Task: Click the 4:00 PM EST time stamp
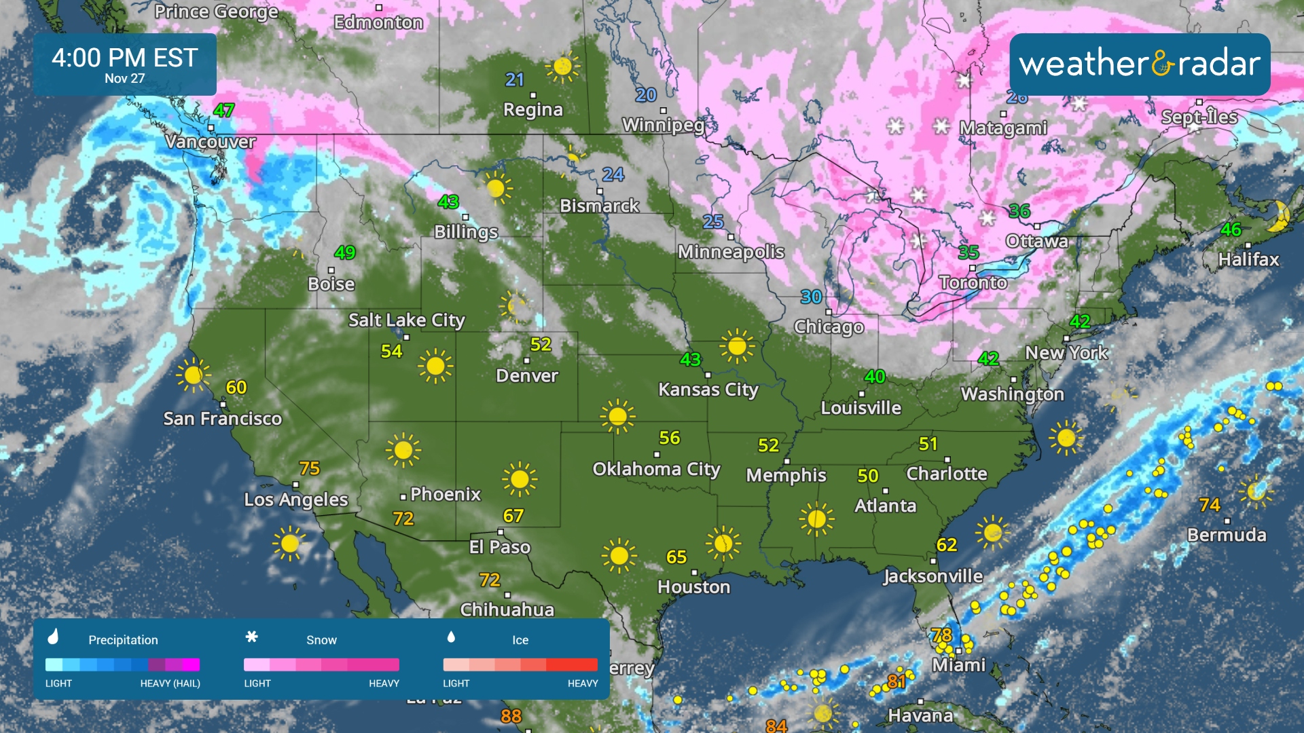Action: click(125, 58)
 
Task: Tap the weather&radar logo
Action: click(1140, 64)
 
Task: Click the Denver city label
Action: click(527, 376)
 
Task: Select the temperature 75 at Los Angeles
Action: click(309, 468)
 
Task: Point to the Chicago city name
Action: click(829, 327)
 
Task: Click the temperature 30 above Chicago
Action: click(811, 297)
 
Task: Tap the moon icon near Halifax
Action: click(1280, 216)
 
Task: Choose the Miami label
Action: click(958, 665)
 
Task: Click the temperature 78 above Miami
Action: click(941, 635)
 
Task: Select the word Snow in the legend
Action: click(321, 640)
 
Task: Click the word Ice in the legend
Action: click(520, 640)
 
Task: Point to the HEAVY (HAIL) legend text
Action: click(170, 683)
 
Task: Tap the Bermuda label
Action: click(1227, 535)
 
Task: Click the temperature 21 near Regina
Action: click(515, 80)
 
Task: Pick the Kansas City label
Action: click(708, 390)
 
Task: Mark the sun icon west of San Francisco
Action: click(193, 375)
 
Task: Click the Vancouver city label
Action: click(211, 142)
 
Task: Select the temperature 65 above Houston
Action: click(676, 557)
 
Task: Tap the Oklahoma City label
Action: click(656, 469)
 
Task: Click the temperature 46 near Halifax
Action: click(1231, 229)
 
